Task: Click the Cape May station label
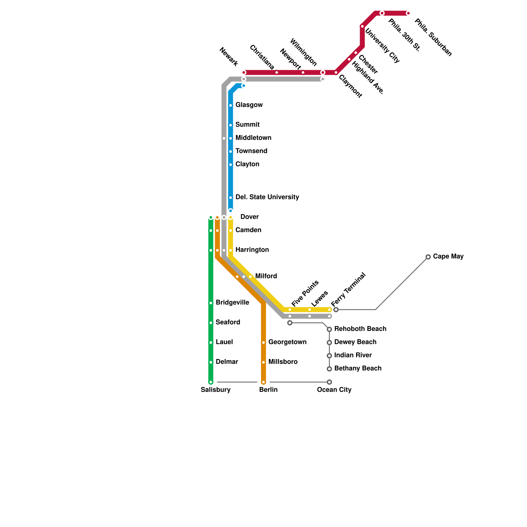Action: (x=448, y=256)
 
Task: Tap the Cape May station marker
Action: (x=428, y=257)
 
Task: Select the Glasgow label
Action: (x=249, y=105)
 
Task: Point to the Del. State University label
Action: (x=267, y=197)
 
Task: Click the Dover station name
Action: (x=249, y=217)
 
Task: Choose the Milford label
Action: (x=266, y=276)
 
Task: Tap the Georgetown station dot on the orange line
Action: (x=263, y=343)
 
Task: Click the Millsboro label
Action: (x=283, y=362)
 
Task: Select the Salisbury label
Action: (x=215, y=390)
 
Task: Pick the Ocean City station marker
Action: (x=329, y=382)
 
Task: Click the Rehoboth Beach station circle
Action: (x=329, y=329)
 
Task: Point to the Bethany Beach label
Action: (x=358, y=369)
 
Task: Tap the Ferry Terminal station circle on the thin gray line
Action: (x=336, y=310)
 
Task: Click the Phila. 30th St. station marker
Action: (x=382, y=13)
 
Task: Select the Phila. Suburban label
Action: (x=433, y=38)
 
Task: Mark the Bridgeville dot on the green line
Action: (x=211, y=303)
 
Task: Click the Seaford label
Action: (x=228, y=322)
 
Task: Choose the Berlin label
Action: (x=268, y=390)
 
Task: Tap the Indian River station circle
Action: (x=329, y=356)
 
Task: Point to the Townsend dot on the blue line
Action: (x=231, y=152)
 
